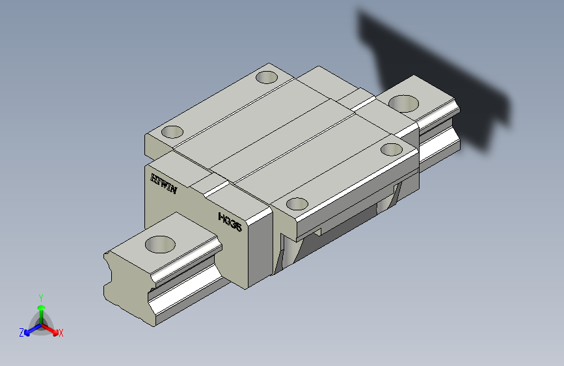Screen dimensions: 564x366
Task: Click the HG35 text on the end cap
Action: [230, 222]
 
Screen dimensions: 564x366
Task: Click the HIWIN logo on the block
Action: [164, 184]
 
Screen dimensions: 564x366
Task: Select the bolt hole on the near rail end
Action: [160, 244]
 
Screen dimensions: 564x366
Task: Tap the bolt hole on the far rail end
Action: [403, 104]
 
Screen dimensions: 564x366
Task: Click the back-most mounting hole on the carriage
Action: [267, 77]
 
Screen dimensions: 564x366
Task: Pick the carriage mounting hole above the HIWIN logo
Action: [172, 132]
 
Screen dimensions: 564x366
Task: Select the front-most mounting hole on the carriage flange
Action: [297, 204]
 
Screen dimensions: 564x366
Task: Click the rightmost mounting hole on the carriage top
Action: [392, 149]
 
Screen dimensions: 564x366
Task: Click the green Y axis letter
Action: [41, 298]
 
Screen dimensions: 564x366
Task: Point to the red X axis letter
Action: [60, 333]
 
